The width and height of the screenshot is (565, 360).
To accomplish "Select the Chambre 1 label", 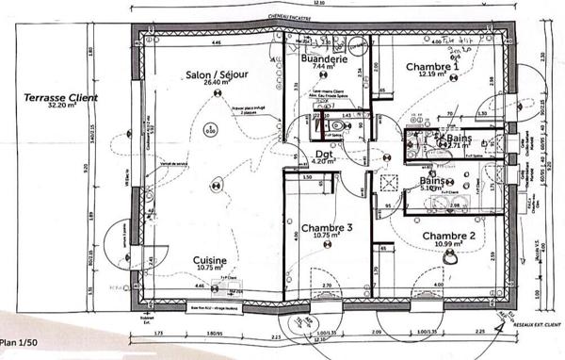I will click(433, 67).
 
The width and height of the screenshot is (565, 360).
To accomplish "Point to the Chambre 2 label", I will click(448, 235).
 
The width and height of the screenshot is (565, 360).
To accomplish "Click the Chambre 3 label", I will click(328, 226).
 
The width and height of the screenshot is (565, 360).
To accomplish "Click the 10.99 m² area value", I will click(448, 244).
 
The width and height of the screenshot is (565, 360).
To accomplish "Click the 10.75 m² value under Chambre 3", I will click(328, 236).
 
